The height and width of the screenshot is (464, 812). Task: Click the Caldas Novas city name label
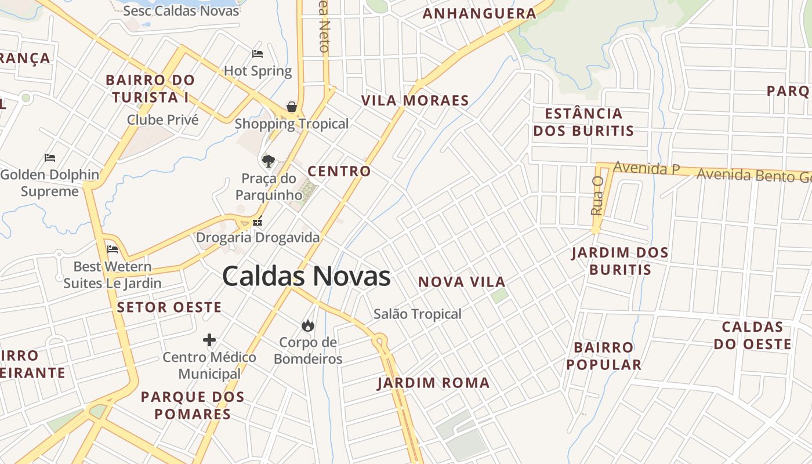pyautogui.click(x=306, y=276)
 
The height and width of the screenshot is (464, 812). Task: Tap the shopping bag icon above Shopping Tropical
pyautogui.click(x=292, y=107)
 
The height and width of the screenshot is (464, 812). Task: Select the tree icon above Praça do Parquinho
pyautogui.click(x=268, y=161)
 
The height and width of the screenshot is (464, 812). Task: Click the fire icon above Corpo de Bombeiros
pyautogui.click(x=307, y=325)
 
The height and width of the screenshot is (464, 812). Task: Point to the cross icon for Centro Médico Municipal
pyautogui.click(x=209, y=340)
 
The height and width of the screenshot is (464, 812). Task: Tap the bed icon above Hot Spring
pyautogui.click(x=258, y=54)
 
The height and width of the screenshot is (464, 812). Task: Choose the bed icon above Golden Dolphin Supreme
pyautogui.click(x=50, y=157)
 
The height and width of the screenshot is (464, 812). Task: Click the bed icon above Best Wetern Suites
pyautogui.click(x=113, y=249)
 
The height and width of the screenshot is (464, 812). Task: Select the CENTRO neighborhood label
pyautogui.click(x=339, y=171)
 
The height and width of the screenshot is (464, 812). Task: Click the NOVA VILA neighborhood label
pyautogui.click(x=462, y=282)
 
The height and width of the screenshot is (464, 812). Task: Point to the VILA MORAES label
pyautogui.click(x=415, y=100)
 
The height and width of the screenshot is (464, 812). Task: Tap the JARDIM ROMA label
pyautogui.click(x=433, y=383)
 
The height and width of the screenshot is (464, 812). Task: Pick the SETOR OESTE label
pyautogui.click(x=169, y=307)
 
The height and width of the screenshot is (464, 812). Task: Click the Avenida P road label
pyautogui.click(x=646, y=168)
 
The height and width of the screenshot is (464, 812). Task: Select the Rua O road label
pyautogui.click(x=597, y=196)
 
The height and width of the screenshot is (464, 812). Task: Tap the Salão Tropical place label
pyautogui.click(x=418, y=314)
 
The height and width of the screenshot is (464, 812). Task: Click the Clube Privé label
pyautogui.click(x=162, y=120)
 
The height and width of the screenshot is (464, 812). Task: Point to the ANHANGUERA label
pyautogui.click(x=479, y=13)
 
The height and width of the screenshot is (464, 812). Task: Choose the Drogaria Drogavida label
pyautogui.click(x=258, y=237)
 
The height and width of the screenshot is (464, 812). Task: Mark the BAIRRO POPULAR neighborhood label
pyautogui.click(x=604, y=356)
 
